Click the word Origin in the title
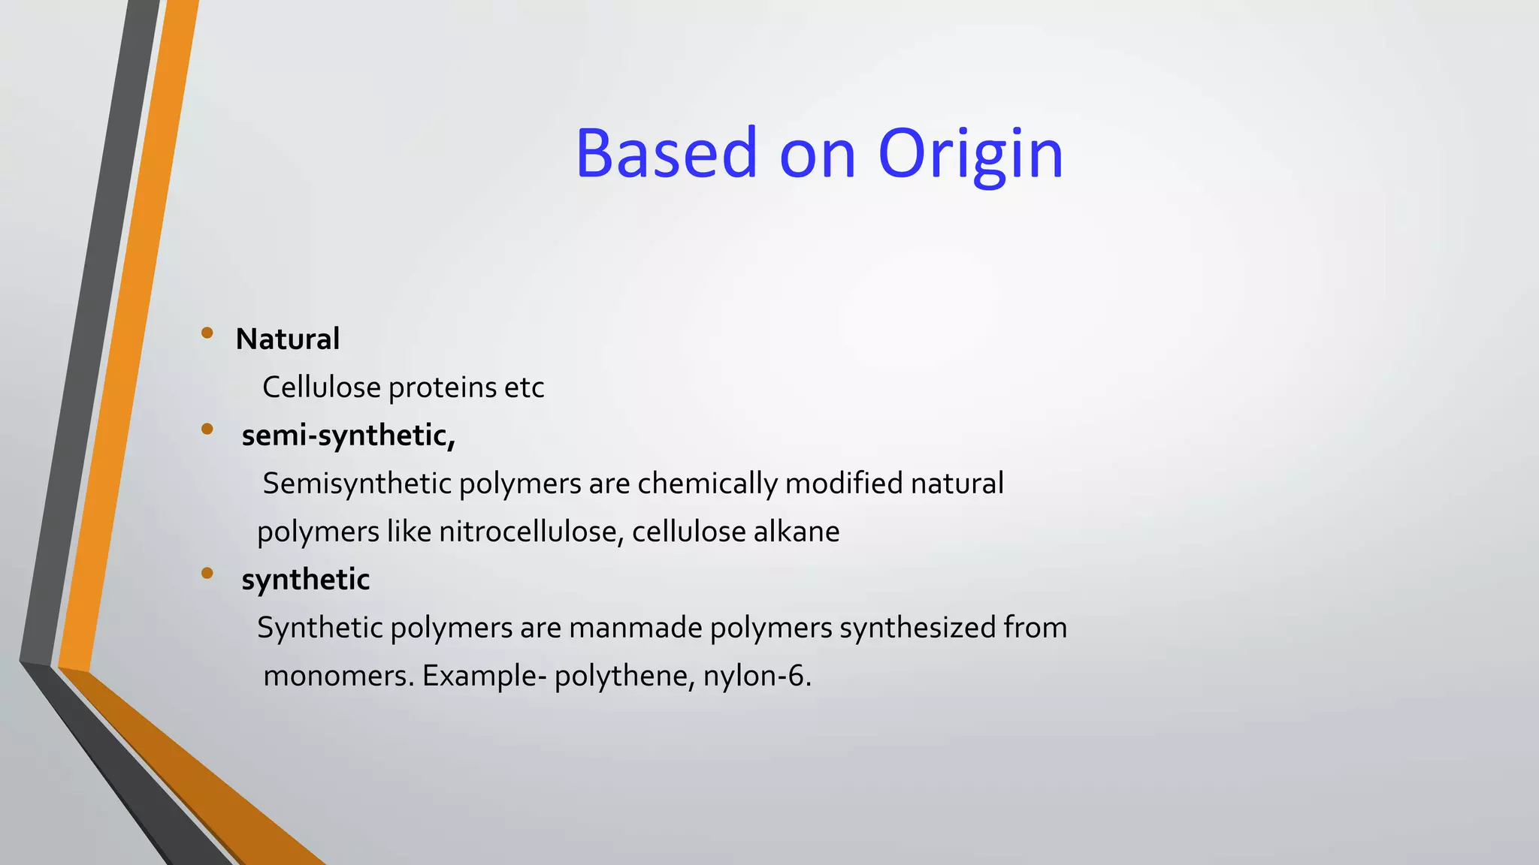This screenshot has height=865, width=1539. coord(970,154)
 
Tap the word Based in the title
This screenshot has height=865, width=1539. coord(666,154)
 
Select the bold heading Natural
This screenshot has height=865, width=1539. coord(288,339)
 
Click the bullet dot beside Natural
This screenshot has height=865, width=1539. coord(207,333)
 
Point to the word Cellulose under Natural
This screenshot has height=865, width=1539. coord(322,387)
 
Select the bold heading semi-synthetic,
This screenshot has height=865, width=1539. coord(349,436)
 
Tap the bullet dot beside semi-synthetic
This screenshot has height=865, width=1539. coord(207,429)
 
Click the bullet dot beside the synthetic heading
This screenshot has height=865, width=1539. coord(207,574)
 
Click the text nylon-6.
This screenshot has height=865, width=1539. coord(757,676)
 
